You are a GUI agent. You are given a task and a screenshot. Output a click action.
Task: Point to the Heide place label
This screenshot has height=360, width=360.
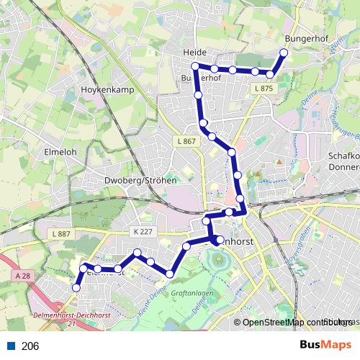coord(195,53)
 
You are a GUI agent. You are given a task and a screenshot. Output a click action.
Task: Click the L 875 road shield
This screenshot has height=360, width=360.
coord(264,88)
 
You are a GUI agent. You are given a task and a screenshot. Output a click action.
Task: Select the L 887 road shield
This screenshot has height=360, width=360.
coord(62,234)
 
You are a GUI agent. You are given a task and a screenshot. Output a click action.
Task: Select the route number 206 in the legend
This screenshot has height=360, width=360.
coord(30,346)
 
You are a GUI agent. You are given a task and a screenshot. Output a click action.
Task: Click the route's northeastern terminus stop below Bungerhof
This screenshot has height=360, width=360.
coord(284,53)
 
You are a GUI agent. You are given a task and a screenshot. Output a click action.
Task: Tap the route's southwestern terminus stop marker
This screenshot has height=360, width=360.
coord(76,287)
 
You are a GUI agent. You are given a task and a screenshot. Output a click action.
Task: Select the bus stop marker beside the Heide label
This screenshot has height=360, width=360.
coord(194,66)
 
